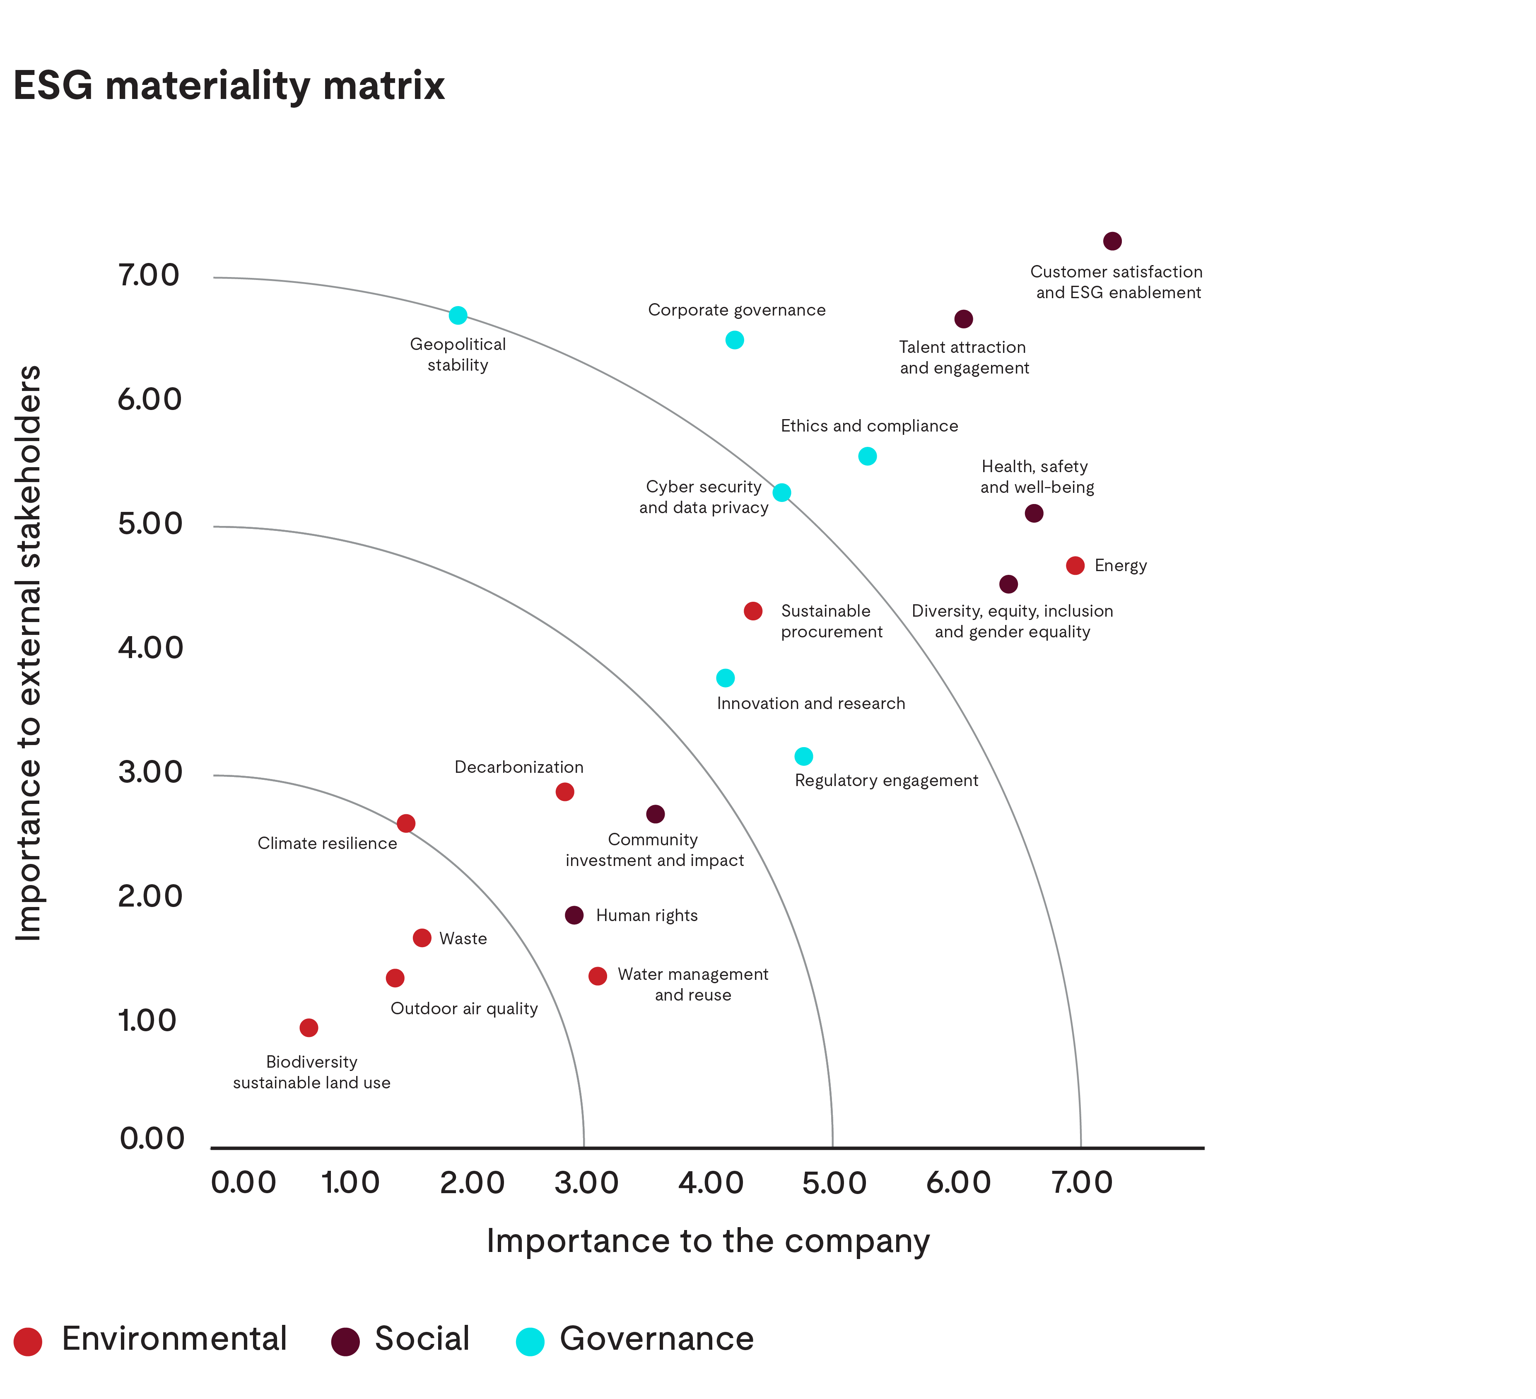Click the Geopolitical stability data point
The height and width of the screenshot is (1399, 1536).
click(458, 316)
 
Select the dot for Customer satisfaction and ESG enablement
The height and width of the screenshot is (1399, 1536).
click(1112, 241)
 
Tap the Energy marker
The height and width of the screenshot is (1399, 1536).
click(1075, 565)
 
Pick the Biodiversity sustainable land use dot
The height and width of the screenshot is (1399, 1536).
click(309, 1028)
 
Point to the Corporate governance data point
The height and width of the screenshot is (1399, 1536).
click(735, 340)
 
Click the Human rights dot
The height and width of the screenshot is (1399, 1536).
click(574, 915)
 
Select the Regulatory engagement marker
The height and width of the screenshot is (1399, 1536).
click(804, 757)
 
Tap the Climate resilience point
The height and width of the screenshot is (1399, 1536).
click(406, 824)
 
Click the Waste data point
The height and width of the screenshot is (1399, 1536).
click(422, 938)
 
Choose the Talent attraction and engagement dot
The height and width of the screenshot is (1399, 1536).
click(964, 319)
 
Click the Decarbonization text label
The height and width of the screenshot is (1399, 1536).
click(519, 767)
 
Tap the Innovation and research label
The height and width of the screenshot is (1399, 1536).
click(811, 703)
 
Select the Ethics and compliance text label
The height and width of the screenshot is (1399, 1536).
click(869, 426)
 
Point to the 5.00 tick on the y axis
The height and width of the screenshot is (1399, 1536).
click(150, 524)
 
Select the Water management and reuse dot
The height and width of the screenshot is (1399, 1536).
click(598, 976)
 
